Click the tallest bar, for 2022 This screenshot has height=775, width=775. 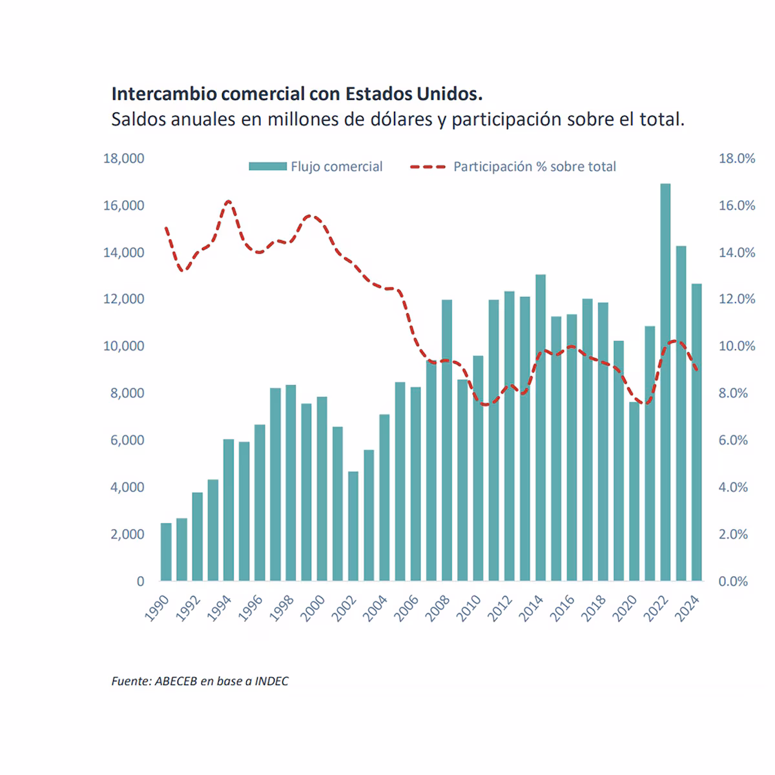pos(665,382)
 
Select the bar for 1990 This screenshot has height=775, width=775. pos(166,552)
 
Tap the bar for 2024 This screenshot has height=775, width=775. pos(696,433)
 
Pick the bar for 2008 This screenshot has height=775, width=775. pos(447,440)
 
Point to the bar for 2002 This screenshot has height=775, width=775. pos(353,526)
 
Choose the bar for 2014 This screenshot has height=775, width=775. pos(541,428)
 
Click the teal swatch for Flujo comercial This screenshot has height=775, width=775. pos(267,167)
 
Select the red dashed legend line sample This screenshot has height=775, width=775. pos(428,167)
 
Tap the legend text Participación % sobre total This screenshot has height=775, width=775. pos(534,167)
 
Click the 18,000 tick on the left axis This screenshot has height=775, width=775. pos(124,158)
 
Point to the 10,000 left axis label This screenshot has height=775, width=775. pos(124,346)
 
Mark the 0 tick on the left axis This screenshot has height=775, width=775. pos(140,581)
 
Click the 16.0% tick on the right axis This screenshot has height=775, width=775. pos(737,205)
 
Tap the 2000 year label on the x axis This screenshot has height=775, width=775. pos(313,608)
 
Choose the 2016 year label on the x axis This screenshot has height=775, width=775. pos(563,608)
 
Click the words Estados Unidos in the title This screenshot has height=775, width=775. pos(414,94)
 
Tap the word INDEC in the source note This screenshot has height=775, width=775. pos(271,681)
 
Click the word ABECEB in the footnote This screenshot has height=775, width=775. pos(176,681)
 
